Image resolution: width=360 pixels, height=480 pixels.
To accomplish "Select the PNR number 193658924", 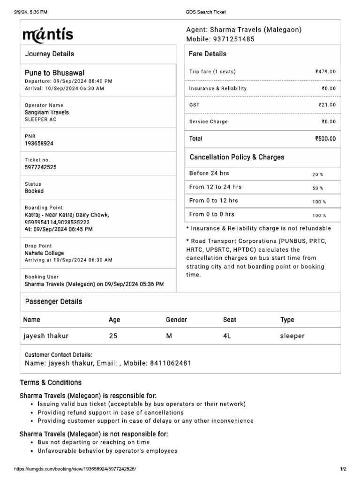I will point(39,143).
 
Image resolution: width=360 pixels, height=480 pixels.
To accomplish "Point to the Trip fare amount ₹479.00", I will point(325,72).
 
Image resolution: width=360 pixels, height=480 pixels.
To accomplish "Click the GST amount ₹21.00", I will point(327,105).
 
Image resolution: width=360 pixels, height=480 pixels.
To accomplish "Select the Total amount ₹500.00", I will point(325,139).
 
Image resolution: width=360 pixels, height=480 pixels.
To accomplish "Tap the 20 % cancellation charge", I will point(318,174).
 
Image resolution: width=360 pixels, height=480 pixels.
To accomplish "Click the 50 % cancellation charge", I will point(318,188).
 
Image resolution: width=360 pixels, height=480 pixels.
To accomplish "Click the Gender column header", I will point(176,320).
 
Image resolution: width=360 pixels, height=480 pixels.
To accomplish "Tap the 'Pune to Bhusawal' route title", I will point(54,73).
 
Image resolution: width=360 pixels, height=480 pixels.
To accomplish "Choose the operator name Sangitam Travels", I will point(46,112).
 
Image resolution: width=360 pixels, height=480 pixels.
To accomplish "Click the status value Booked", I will point(34,191).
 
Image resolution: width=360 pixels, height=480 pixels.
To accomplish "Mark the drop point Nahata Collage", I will point(44,253).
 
